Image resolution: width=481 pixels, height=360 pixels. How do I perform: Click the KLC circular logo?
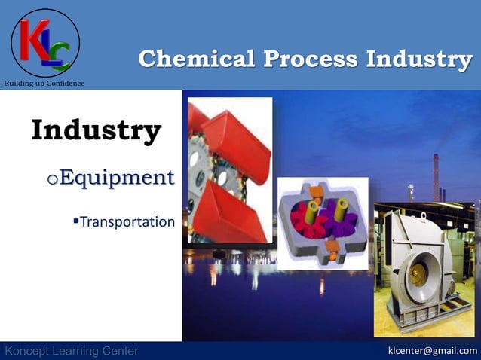point(44,42)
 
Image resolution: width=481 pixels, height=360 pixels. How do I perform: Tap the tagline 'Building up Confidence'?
point(44,83)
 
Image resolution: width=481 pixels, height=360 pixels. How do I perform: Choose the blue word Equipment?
point(116,178)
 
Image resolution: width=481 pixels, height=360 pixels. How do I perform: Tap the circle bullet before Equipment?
point(52,180)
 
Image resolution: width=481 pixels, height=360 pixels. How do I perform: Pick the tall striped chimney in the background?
point(436,177)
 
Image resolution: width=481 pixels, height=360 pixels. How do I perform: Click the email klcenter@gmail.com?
point(432,351)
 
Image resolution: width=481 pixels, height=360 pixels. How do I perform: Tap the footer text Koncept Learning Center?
point(72,351)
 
